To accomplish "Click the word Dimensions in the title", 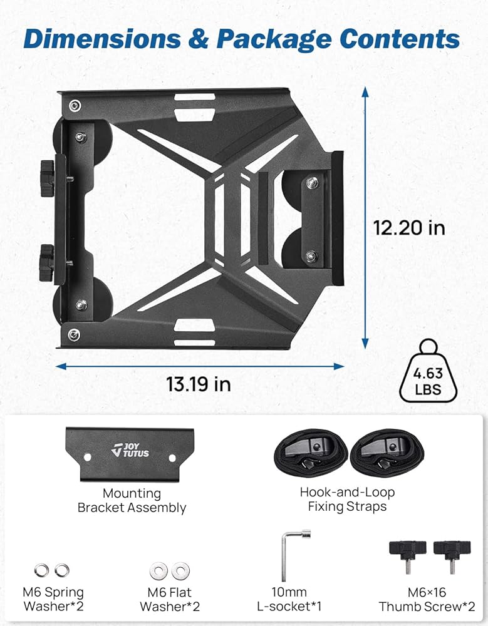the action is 102,39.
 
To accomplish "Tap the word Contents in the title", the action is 400,39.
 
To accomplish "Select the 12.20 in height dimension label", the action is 409,228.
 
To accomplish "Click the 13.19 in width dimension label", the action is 198,384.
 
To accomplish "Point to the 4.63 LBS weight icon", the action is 428,371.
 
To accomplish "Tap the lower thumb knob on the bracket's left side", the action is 46,263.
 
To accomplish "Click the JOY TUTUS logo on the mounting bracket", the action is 130,450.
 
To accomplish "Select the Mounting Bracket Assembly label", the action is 132,501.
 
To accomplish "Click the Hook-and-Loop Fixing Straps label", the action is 347,499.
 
